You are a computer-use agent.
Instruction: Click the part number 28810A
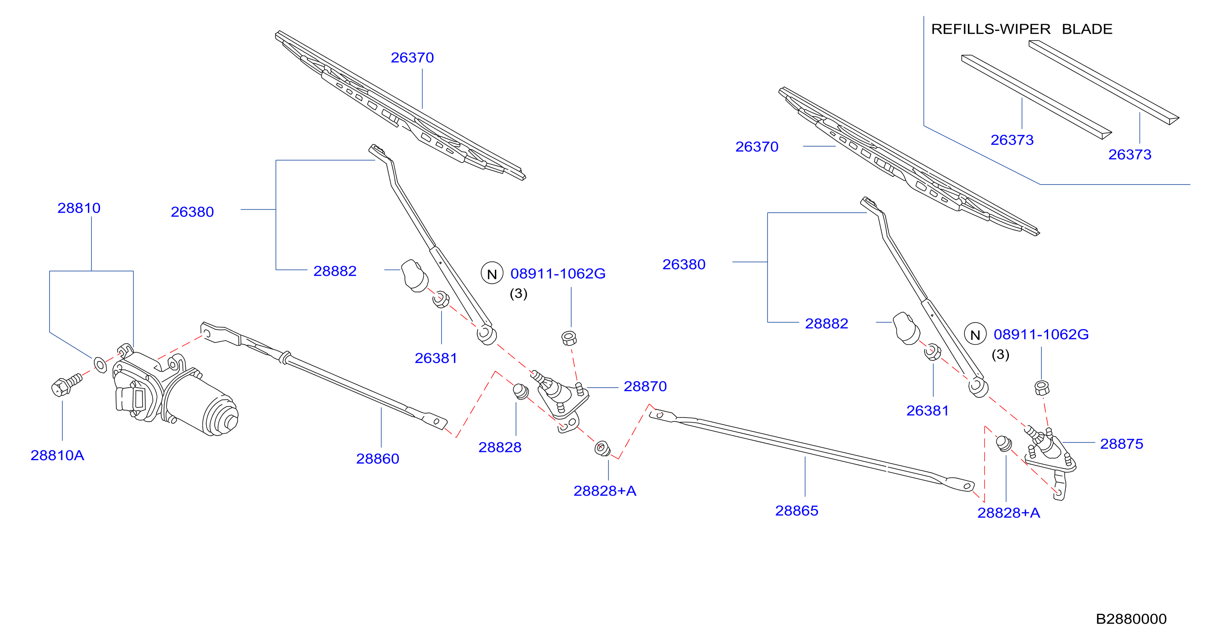pyautogui.click(x=57, y=455)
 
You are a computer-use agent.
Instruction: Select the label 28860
pyautogui.click(x=378, y=458)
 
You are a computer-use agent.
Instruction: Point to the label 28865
pyautogui.click(x=797, y=511)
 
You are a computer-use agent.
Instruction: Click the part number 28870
pyautogui.click(x=645, y=386)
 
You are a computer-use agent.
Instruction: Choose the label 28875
pyautogui.click(x=1121, y=444)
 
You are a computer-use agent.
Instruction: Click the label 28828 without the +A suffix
pyautogui.click(x=500, y=447)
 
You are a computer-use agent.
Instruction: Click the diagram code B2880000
pyautogui.click(x=1131, y=619)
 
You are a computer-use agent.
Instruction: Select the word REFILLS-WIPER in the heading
pyautogui.click(x=991, y=29)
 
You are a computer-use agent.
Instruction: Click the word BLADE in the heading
pyautogui.click(x=1087, y=29)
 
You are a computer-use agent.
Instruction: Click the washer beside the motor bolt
pyautogui.click(x=100, y=365)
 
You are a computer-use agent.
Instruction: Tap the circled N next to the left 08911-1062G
pyautogui.click(x=492, y=273)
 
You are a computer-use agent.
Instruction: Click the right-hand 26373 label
pyautogui.click(x=1130, y=154)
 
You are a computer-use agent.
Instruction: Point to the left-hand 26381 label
pyautogui.click(x=436, y=358)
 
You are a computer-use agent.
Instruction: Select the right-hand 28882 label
pyautogui.click(x=826, y=323)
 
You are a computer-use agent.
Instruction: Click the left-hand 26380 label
pyautogui.click(x=192, y=211)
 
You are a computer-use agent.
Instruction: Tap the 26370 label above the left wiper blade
pyautogui.click(x=412, y=57)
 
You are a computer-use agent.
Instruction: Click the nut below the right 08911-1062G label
pyautogui.click(x=1041, y=388)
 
